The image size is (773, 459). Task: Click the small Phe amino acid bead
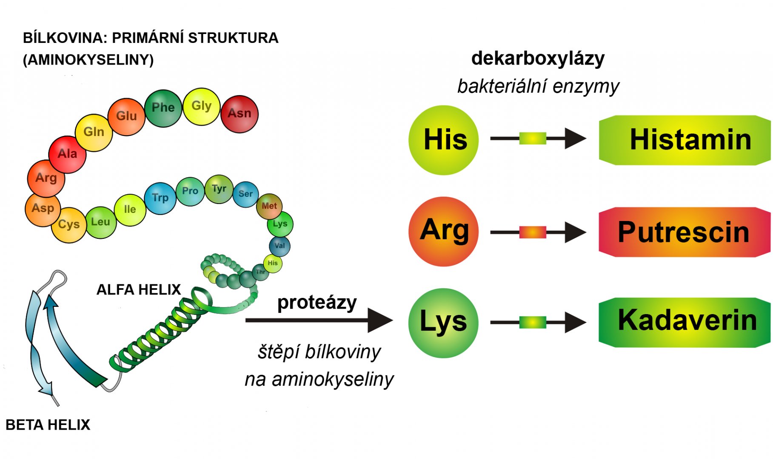[x=163, y=108]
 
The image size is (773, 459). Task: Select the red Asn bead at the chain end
[x=240, y=113]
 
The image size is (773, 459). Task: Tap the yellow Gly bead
[x=201, y=106]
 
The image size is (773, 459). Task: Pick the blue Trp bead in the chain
[x=160, y=198]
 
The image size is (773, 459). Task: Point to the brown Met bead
[x=269, y=206]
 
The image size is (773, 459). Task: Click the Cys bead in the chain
[x=68, y=225]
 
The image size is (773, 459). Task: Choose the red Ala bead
[x=67, y=154]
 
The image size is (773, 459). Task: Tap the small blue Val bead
[x=280, y=246]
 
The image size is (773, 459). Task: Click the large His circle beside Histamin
[x=443, y=140]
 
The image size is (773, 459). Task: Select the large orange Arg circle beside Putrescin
[x=443, y=231]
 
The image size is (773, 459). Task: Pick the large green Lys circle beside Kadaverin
[x=443, y=323]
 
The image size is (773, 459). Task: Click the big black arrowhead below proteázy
[x=379, y=320]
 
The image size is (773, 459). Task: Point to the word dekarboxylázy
[x=538, y=59]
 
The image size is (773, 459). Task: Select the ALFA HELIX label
[x=139, y=290]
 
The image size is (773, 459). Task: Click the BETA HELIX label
[x=48, y=425]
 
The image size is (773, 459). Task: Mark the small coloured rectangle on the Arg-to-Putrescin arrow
[x=533, y=232]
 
